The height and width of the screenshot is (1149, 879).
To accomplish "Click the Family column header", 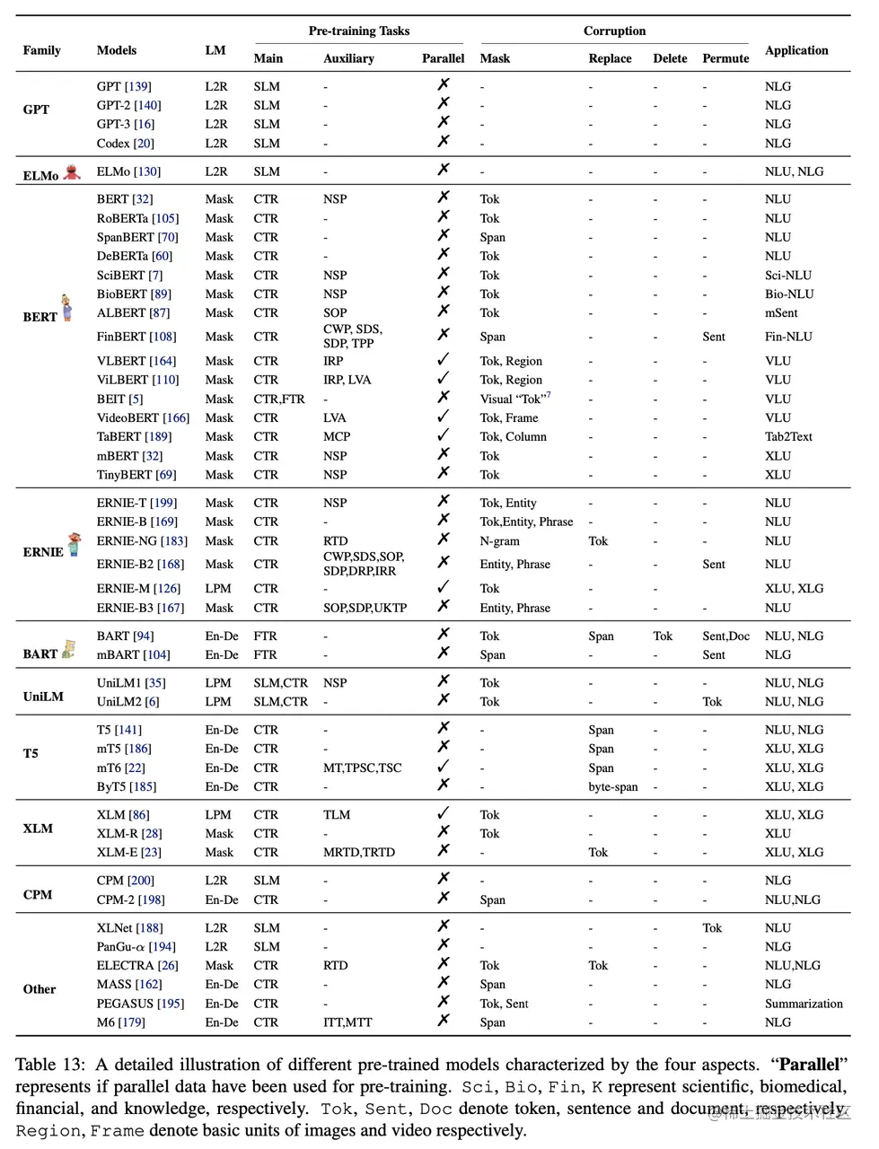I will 41,50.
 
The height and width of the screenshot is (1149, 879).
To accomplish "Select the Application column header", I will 796,50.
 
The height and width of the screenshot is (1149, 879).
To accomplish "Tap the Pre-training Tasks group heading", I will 358,31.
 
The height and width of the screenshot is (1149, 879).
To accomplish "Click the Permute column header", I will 725,58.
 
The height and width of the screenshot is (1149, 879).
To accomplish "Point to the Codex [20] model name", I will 125,143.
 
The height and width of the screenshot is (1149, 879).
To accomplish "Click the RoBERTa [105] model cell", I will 137,218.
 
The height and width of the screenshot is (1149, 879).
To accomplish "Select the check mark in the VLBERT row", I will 443,360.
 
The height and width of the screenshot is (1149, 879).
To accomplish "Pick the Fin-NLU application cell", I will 787,337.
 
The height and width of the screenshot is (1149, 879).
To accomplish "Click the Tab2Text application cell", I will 788,436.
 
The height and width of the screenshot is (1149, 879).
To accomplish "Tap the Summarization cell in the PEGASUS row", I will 804,1004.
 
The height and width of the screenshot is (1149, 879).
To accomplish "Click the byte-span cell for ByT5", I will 613,786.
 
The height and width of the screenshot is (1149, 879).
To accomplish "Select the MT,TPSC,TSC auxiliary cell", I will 362,767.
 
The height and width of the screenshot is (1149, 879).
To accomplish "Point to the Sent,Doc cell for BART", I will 725,636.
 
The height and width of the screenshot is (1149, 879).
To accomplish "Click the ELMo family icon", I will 73,171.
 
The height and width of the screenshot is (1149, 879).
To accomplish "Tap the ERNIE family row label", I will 43,552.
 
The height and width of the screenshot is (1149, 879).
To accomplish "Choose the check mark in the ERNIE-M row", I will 443,587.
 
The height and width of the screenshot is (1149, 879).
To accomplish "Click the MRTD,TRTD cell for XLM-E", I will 358,852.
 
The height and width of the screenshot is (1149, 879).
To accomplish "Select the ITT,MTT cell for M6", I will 347,1022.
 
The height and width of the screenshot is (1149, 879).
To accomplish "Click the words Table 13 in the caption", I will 49,1065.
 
